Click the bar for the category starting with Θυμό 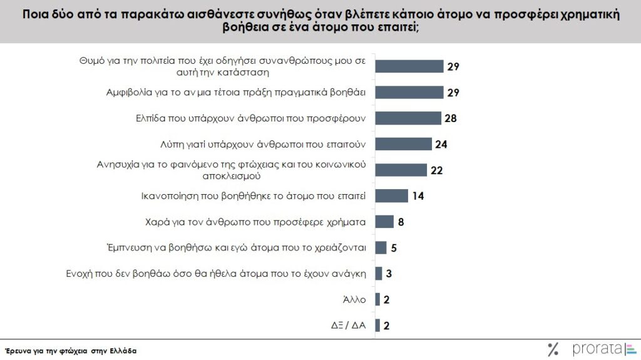point(409,66)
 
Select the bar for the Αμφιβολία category point(409,93)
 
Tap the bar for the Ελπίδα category point(408,118)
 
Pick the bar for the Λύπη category point(403,144)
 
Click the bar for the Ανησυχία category point(401,170)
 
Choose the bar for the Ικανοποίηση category point(391,196)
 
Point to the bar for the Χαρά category point(384,222)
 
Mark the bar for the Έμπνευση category point(381,247)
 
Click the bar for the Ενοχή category point(378,274)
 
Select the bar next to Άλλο point(377,299)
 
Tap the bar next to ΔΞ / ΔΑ point(377,325)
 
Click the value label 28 point(449,118)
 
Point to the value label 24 point(441,144)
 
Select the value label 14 point(418,196)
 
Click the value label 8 point(401,222)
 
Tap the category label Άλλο point(354,299)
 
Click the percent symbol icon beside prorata point(553,349)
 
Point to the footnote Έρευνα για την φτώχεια point(71,351)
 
